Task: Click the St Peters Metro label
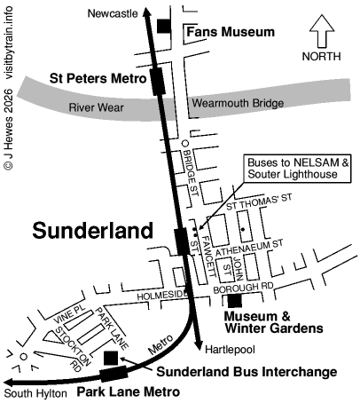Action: pyautogui.click(x=97, y=78)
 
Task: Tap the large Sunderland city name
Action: pyautogui.click(x=93, y=231)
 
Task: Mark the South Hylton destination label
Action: pyautogui.click(x=35, y=392)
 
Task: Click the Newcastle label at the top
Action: pyautogui.click(x=113, y=13)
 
